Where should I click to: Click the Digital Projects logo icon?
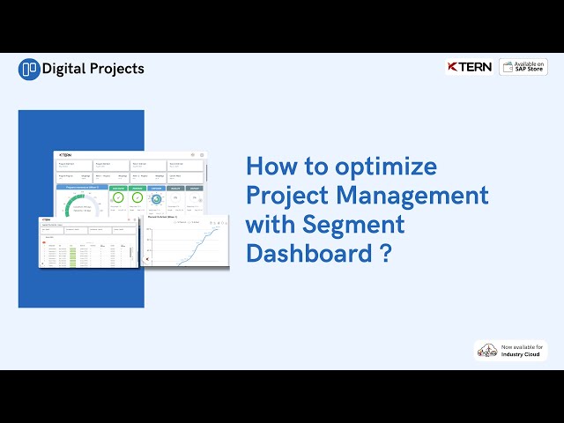[29, 69]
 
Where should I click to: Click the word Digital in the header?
[65, 69]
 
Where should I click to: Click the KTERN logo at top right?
[469, 67]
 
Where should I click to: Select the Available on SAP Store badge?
[523, 67]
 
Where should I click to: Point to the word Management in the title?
[418, 195]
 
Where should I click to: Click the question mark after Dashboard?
[385, 253]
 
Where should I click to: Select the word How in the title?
[268, 167]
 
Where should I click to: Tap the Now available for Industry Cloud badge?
[510, 350]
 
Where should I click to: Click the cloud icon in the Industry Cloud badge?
[486, 351]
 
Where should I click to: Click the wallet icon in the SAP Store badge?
[509, 67]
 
